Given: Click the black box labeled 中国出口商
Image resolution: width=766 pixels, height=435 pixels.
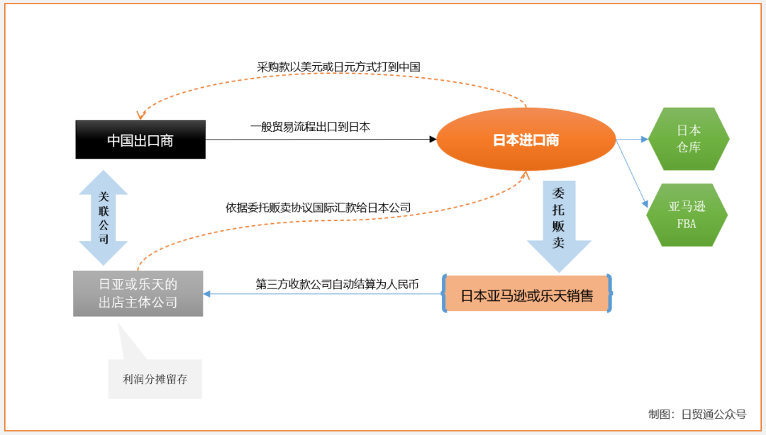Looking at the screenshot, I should (140, 140).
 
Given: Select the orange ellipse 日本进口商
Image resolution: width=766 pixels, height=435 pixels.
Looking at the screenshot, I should (526, 140).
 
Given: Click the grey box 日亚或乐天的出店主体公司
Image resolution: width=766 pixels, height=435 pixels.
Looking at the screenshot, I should (138, 293).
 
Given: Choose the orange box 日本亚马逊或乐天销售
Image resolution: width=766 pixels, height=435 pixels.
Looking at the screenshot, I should (527, 293).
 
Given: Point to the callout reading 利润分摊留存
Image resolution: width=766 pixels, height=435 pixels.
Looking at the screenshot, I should (155, 378).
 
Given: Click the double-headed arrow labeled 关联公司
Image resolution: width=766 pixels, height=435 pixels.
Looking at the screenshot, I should (104, 217).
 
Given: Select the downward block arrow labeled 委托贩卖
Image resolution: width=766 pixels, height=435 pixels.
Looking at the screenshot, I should (559, 225).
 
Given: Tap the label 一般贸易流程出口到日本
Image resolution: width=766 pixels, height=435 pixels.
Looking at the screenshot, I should (310, 128).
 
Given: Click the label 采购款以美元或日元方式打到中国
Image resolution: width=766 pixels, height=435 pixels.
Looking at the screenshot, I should (338, 67).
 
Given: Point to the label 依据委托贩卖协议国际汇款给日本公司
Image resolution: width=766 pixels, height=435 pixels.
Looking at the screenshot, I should (318, 208).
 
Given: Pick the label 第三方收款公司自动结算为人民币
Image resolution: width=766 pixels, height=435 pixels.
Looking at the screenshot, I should (337, 284).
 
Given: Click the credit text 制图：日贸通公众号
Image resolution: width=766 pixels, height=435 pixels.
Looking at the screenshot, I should (697, 414).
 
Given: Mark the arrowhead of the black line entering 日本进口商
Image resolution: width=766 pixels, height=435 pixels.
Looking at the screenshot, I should (433, 140).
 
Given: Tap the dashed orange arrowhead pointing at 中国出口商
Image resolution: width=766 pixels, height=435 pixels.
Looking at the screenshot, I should (142, 115).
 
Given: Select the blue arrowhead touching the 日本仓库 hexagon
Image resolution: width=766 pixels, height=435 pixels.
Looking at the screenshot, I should (645, 140).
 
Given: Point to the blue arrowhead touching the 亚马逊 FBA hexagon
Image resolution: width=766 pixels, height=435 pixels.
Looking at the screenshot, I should (647, 203).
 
